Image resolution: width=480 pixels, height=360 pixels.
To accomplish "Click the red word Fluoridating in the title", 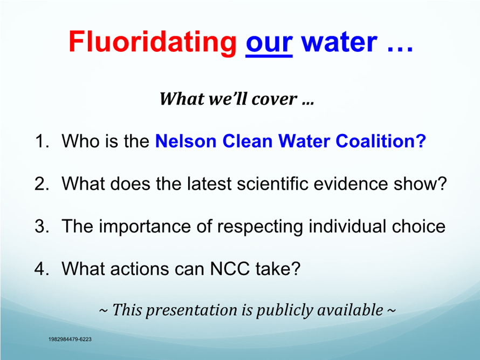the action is (x=153, y=43).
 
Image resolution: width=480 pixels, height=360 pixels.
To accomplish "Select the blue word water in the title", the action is (x=339, y=42).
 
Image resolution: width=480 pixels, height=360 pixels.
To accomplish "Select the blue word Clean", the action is (x=248, y=141).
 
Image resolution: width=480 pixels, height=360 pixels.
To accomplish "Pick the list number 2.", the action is (x=42, y=184).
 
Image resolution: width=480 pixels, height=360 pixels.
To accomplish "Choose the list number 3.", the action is (x=42, y=226).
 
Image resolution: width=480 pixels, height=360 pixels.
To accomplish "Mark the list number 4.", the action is (x=42, y=269).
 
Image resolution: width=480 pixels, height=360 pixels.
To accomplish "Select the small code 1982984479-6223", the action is (x=70, y=339).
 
